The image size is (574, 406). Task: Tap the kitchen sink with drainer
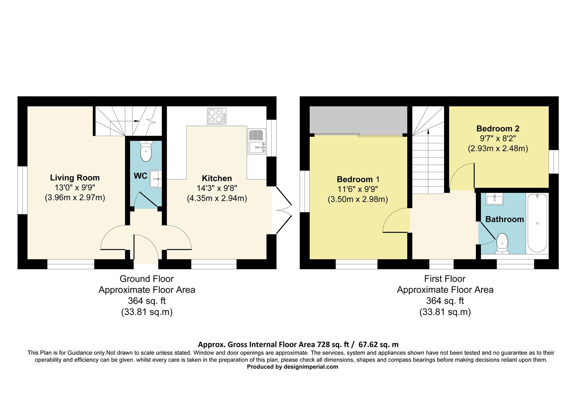pyautogui.click(x=257, y=141)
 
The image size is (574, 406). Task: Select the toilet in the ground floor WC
pyautogui.click(x=145, y=151)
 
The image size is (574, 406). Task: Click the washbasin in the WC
pyautogui.click(x=156, y=179)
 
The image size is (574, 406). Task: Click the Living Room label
pyautogui.click(x=75, y=178)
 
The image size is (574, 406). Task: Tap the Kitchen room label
pyautogui.click(x=217, y=178)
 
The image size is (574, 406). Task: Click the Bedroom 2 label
pyautogui.click(x=498, y=129)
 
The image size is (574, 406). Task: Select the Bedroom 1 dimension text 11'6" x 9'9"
pyautogui.click(x=358, y=189)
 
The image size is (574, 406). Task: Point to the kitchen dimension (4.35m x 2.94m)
pyautogui.click(x=217, y=198)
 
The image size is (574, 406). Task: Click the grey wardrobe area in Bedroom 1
pyautogui.click(x=358, y=120)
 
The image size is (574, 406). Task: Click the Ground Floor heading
pyautogui.click(x=147, y=279)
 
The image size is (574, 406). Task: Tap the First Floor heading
pyautogui.click(x=445, y=279)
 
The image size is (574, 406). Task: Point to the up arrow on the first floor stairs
pyautogui.click(x=428, y=131)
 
